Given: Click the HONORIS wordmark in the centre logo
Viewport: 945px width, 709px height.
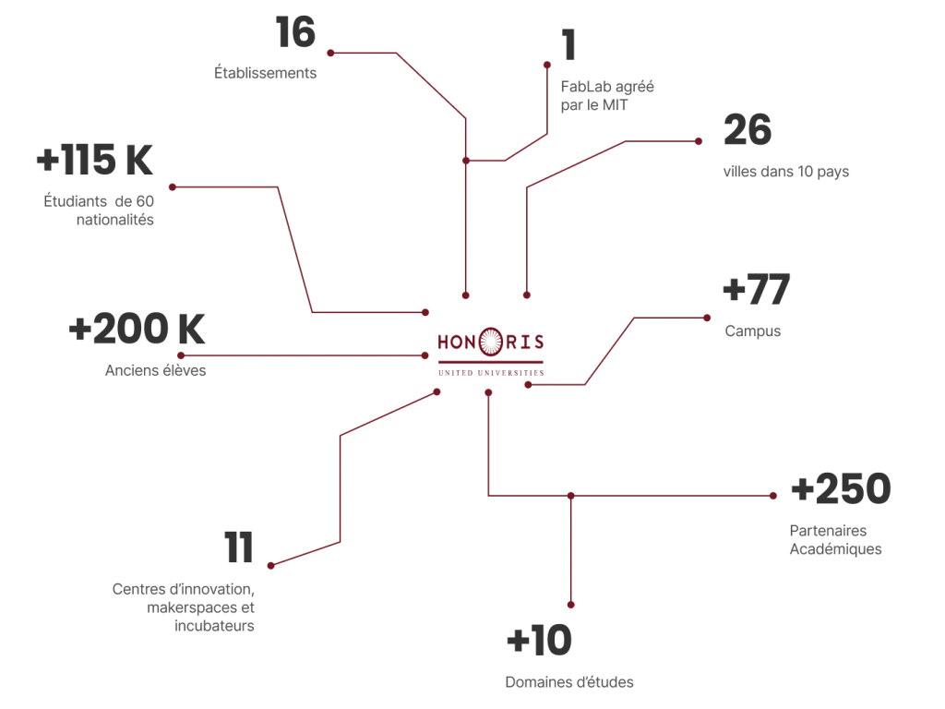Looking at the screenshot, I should coord(490,341).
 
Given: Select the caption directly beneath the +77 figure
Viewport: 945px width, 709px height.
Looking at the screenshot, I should coord(753,331).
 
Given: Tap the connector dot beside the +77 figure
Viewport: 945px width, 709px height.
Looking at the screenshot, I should coord(710,318).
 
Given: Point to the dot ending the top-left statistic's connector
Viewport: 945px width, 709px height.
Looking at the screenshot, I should coord(329,54).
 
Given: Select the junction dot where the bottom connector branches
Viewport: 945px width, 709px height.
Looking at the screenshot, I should coord(571,497).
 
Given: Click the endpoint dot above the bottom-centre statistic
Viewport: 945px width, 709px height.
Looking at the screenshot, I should coord(571,606).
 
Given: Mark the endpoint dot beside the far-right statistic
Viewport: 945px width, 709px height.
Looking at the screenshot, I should coord(775,496).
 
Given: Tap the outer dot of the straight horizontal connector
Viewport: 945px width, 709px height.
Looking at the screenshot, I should coord(182,355).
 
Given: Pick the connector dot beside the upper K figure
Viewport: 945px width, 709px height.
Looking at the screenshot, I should coord(170,187).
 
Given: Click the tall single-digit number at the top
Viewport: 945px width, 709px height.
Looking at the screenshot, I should coord(568,43).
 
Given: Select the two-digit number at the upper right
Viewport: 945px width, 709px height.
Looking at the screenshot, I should coord(748,130).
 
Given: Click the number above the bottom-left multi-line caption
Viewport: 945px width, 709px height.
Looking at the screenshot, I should coord(240,547).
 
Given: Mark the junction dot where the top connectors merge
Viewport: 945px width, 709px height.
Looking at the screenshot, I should coord(467,162).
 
